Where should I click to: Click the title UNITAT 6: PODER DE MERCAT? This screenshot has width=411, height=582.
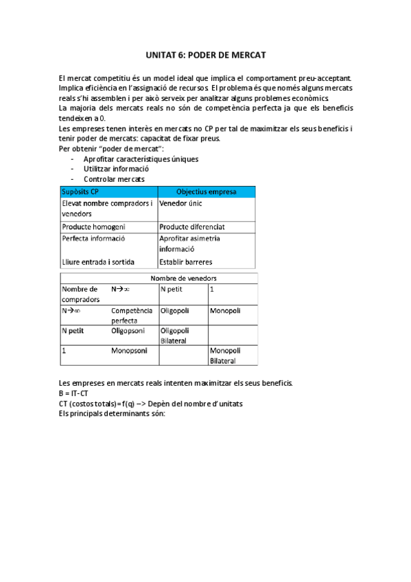(x=205, y=54)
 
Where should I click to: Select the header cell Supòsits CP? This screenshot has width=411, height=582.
(x=80, y=191)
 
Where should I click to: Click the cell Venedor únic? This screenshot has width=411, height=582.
(x=180, y=204)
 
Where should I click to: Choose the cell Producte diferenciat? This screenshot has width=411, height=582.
(x=191, y=226)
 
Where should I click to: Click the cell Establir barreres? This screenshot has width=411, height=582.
(x=186, y=261)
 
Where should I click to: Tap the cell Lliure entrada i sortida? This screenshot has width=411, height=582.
(x=98, y=261)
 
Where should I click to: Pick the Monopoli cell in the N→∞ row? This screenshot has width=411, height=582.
(x=224, y=310)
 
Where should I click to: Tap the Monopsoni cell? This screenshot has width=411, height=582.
(x=129, y=350)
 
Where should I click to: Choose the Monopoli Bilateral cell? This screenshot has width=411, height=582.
(x=224, y=356)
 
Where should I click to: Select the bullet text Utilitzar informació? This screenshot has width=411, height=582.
(x=116, y=168)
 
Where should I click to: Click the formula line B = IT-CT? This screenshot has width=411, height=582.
(x=73, y=393)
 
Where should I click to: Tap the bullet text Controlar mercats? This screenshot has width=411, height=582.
(x=114, y=178)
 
